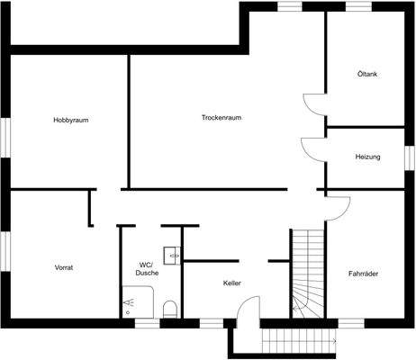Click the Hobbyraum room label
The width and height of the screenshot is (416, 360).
(x=76, y=120)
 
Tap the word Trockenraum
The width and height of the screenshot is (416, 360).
(x=222, y=117)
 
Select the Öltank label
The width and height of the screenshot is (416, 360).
(x=366, y=75)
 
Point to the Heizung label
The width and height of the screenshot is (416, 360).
(x=367, y=157)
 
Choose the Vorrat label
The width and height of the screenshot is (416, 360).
(x=63, y=267)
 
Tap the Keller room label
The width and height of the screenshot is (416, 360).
(x=232, y=283)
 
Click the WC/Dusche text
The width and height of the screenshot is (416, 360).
(x=147, y=268)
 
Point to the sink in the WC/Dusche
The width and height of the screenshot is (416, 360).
(x=171, y=253)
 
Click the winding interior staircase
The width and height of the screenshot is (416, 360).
(x=307, y=274)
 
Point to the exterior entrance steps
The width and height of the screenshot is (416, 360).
(x=297, y=341)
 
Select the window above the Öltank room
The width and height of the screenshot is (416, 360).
(x=359, y=6)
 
